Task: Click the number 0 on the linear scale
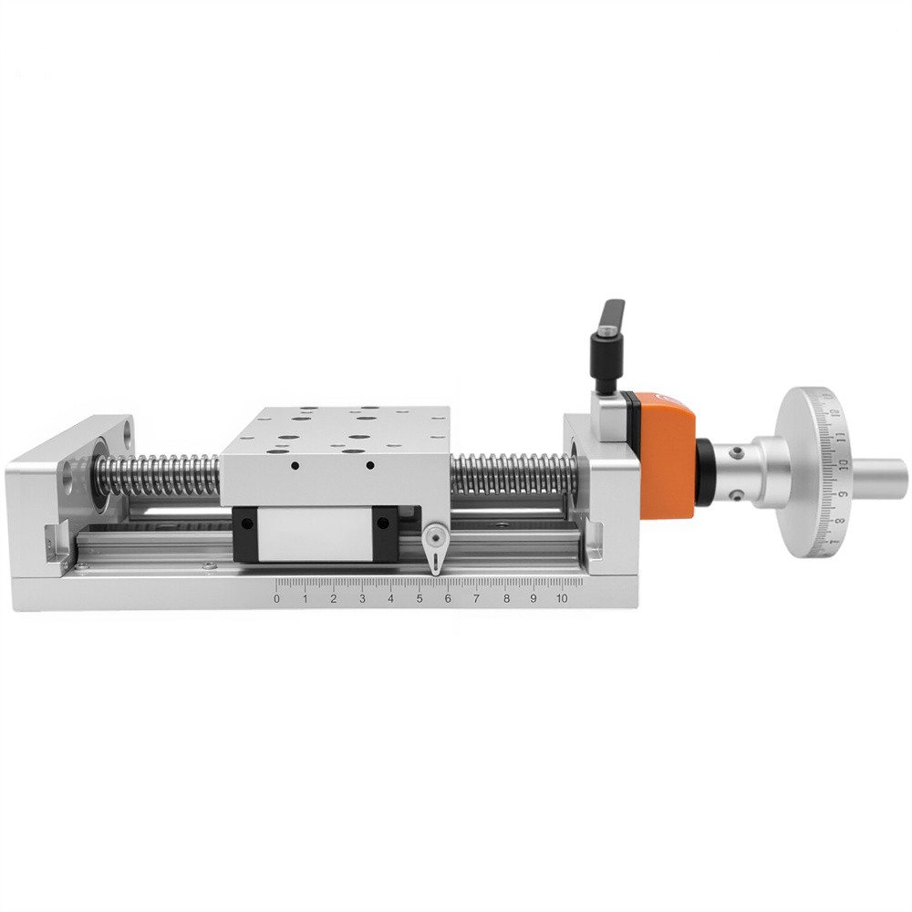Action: point(276,598)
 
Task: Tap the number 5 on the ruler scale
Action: point(420,598)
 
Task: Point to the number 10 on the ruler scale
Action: point(561,598)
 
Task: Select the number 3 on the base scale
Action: point(362,598)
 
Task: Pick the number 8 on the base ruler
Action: point(506,598)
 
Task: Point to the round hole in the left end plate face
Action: point(69,475)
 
